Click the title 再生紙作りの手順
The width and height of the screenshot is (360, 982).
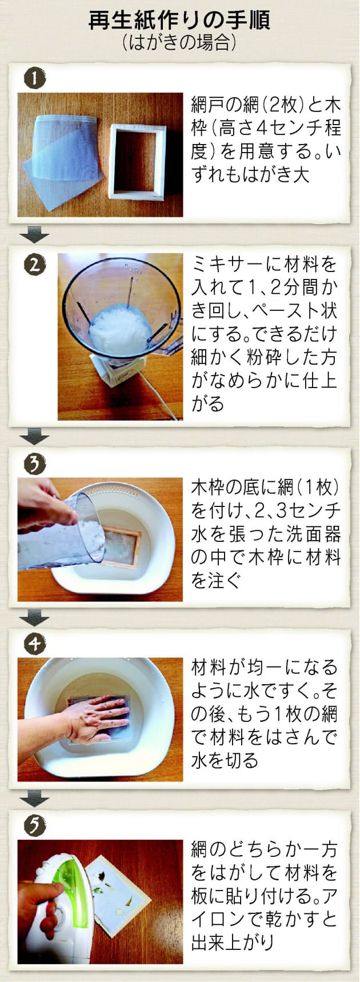(179, 21)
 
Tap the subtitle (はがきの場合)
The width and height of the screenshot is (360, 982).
(179, 43)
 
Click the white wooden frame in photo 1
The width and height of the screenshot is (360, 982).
(137, 161)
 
